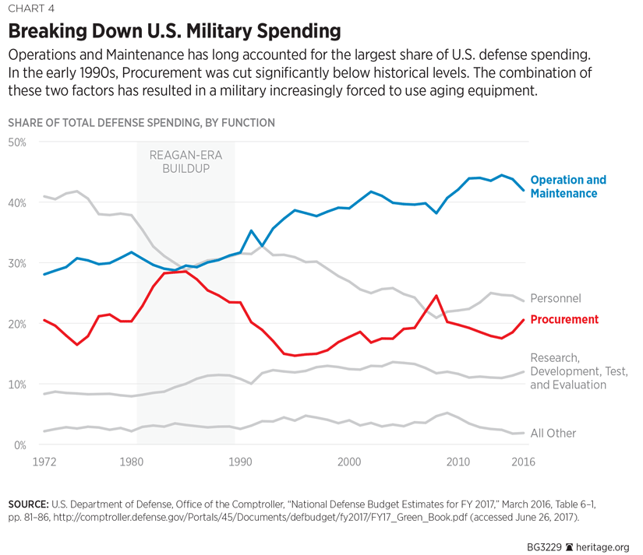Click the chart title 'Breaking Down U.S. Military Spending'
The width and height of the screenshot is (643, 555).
coord(175,32)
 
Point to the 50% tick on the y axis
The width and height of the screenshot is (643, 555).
coord(17,142)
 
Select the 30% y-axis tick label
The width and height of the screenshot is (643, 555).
coord(17,263)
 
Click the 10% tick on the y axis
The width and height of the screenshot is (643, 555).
coord(17,385)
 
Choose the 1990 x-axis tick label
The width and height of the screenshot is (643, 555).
coord(237,462)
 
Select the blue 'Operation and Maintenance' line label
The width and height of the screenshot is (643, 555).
coord(567,187)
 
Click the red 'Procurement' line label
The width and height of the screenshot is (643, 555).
coord(564,319)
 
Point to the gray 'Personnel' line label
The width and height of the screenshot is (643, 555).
coord(556,298)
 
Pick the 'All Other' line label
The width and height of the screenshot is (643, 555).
coord(553,433)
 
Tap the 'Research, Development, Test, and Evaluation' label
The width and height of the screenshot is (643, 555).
coord(568,371)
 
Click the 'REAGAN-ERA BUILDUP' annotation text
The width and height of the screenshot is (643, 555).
coord(185,161)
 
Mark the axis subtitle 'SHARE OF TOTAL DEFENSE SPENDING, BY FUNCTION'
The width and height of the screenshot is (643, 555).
coord(141,123)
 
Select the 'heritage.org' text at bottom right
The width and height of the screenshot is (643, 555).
coord(603,547)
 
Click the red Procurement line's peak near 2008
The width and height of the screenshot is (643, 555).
coord(437,296)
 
